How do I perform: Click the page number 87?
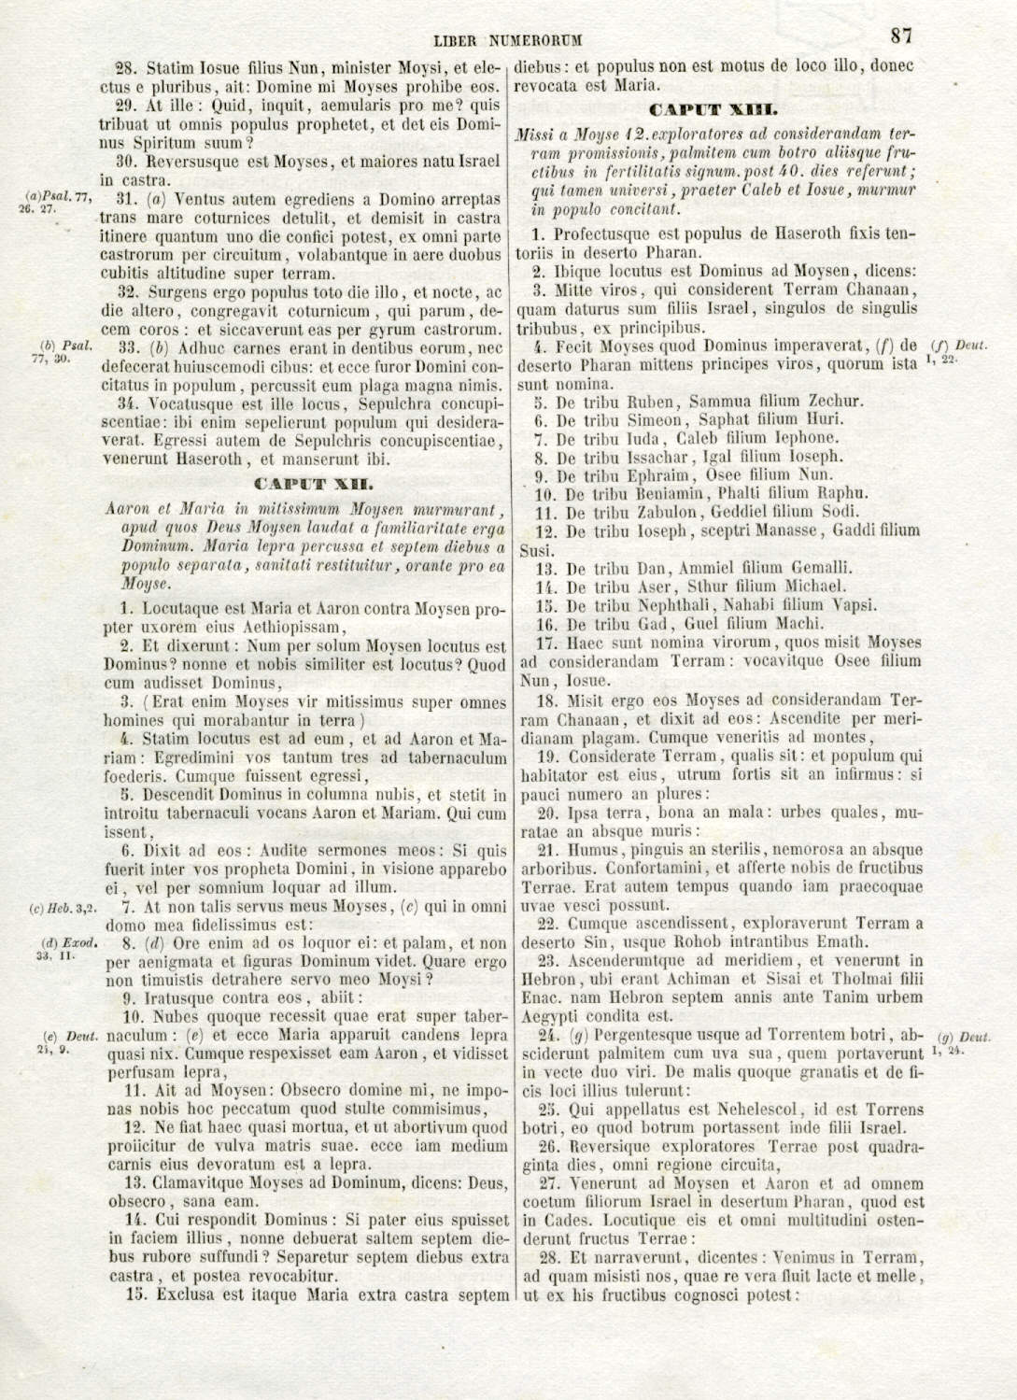(901, 35)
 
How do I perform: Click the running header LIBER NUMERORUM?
(507, 40)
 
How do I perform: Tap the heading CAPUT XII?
(315, 485)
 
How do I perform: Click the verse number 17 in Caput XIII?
(546, 643)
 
